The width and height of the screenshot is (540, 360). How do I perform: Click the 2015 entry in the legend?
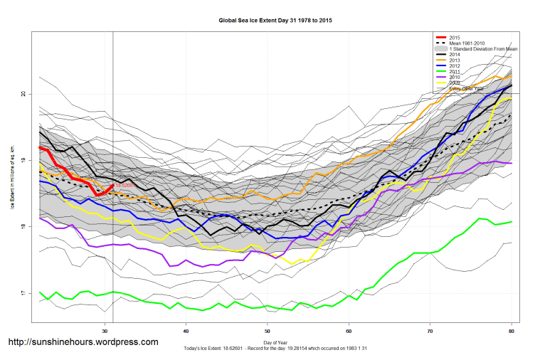tap(456, 36)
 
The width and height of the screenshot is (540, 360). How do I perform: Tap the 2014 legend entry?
tap(456, 55)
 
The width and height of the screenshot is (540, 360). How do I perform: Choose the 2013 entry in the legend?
tap(456, 60)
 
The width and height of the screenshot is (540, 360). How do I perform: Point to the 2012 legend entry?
tap(456, 66)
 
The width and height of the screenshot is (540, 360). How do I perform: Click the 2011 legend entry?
tap(456, 72)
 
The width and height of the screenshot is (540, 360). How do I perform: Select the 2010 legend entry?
tap(456, 78)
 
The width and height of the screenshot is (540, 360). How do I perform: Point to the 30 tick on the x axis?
tap(105, 331)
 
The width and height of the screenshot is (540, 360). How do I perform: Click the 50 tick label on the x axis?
tap(268, 331)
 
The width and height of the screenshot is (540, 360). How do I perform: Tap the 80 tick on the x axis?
tap(511, 331)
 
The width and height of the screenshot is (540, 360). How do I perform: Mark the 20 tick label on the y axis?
tap(23, 94)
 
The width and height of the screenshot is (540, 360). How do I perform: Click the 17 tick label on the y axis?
tap(23, 293)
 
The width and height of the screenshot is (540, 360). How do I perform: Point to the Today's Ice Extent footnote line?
tap(275, 350)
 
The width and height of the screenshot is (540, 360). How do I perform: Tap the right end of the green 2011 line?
tap(511, 222)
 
